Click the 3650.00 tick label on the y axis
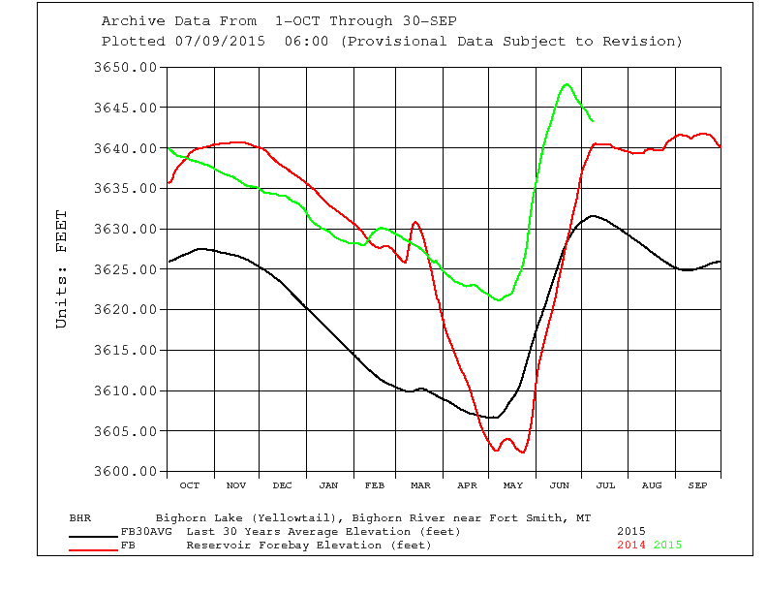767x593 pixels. tap(125, 68)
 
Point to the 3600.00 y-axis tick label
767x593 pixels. tap(125, 472)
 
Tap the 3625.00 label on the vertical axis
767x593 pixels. tap(125, 269)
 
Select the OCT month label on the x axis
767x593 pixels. tap(190, 484)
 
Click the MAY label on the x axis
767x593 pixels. tap(513, 484)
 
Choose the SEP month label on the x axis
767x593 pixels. tap(697, 484)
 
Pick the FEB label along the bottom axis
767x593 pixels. tap(375, 484)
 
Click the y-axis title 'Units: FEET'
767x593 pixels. tap(62, 269)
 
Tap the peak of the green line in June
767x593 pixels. tap(567, 84)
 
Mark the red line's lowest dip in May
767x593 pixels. tap(521, 453)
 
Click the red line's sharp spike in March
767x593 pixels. tap(415, 222)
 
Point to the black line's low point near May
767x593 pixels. tap(493, 418)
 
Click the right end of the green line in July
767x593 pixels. tap(593, 121)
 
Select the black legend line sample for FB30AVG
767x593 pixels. tap(94, 532)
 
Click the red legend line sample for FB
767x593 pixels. tap(94, 548)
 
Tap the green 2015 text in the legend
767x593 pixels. tap(667, 545)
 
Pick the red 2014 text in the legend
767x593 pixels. tap(631, 545)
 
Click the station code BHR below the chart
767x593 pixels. tap(80, 517)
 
